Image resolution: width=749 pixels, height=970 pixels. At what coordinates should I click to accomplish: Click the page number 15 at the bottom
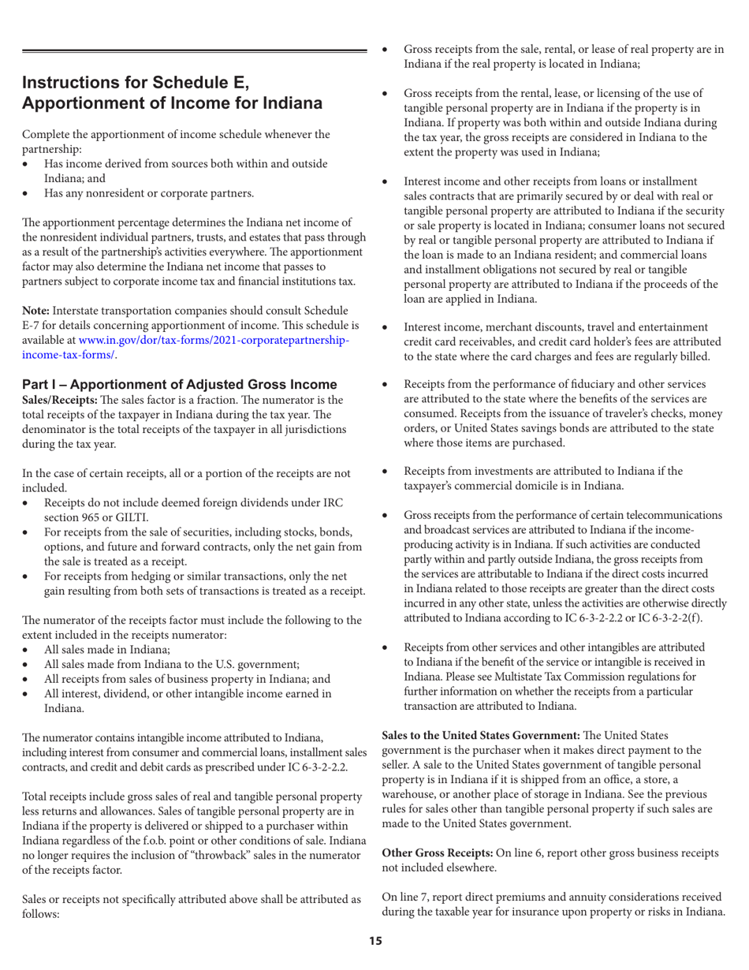(375, 940)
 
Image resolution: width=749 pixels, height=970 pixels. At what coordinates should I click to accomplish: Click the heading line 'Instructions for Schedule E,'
(135, 83)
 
